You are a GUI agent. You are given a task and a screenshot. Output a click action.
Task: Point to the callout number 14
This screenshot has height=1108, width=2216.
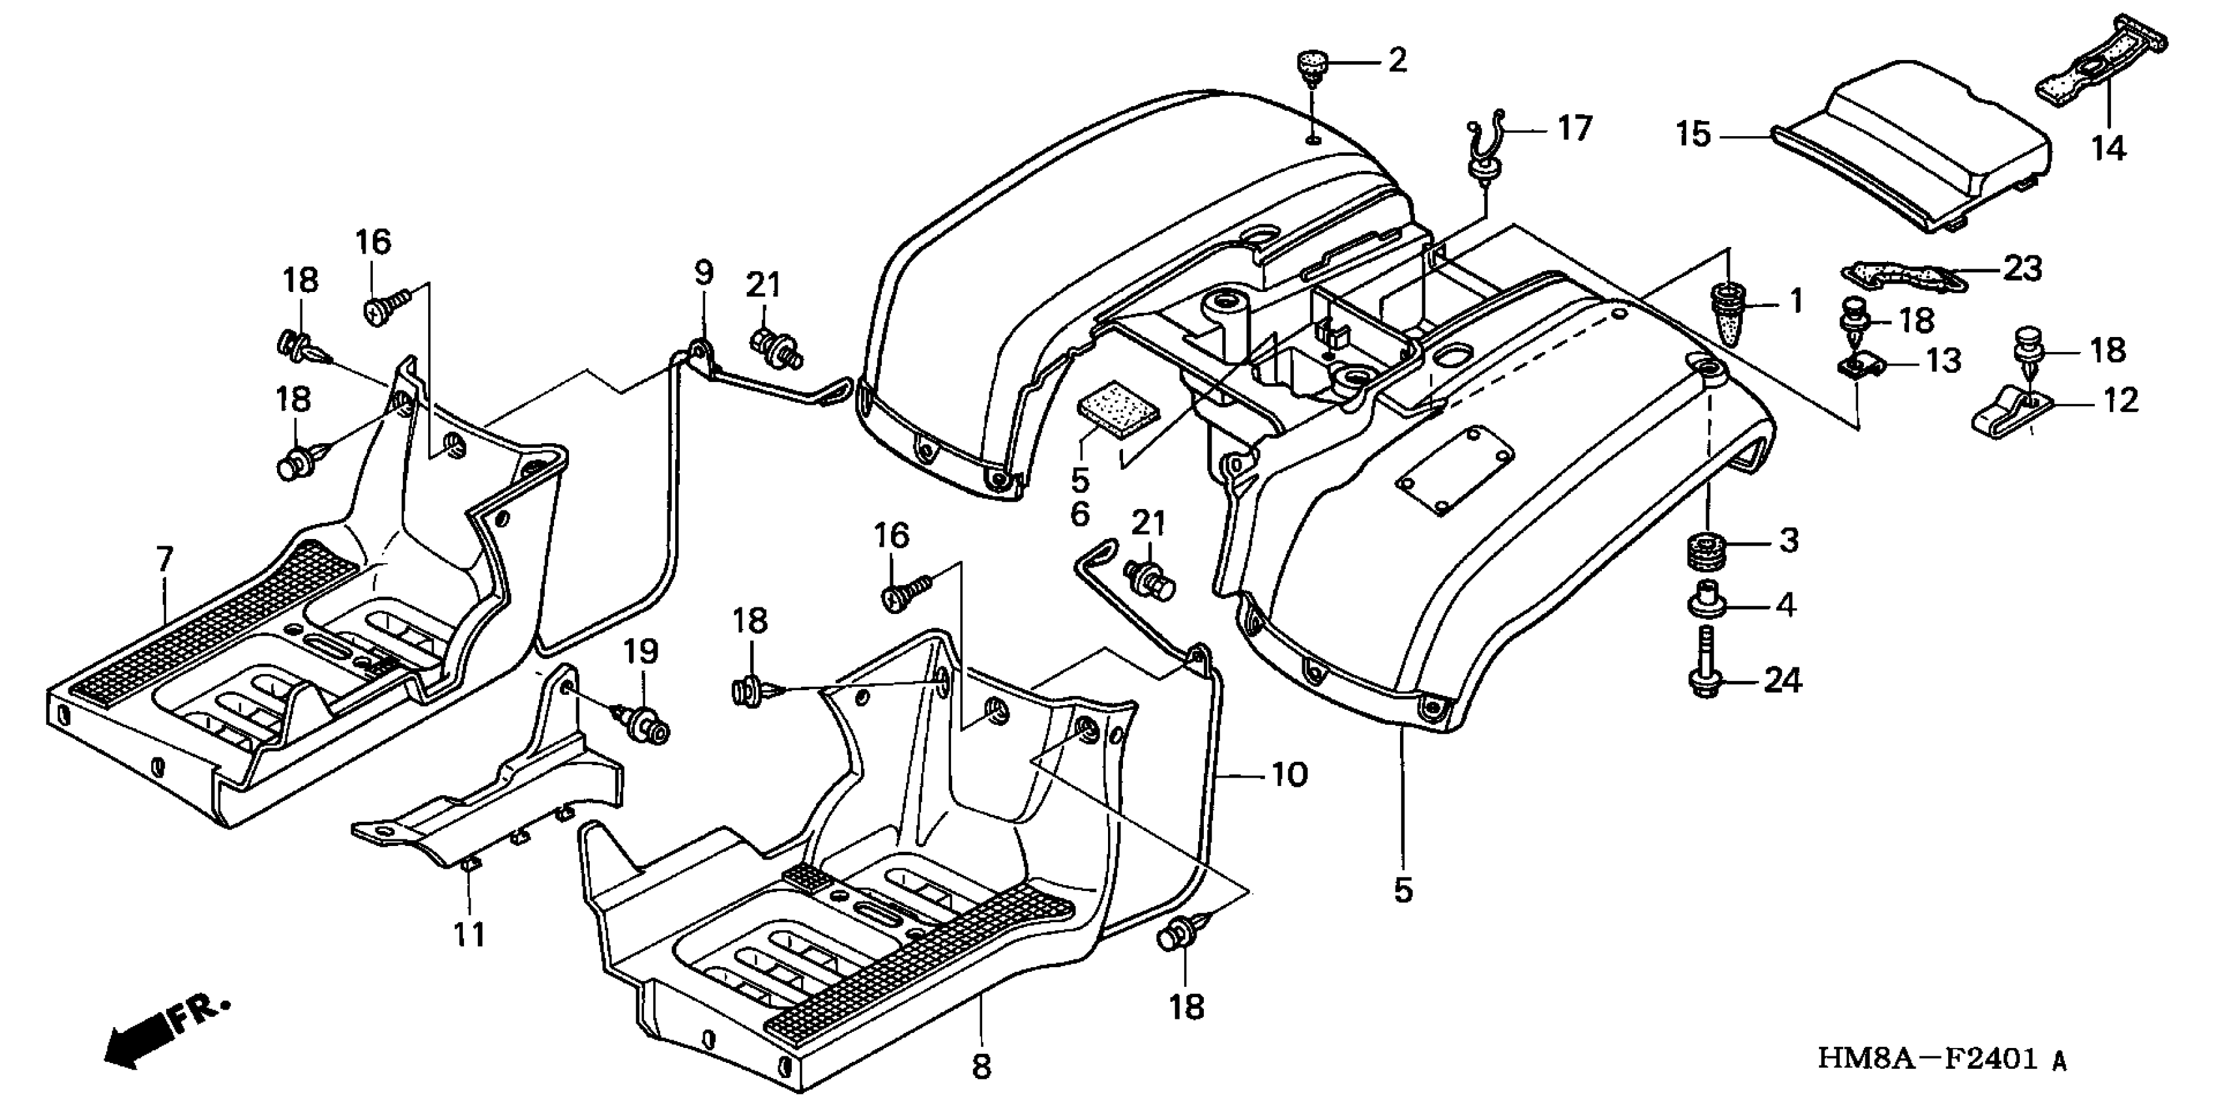pyautogui.click(x=2108, y=149)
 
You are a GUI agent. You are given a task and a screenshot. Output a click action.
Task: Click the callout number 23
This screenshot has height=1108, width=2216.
pyautogui.click(x=2023, y=269)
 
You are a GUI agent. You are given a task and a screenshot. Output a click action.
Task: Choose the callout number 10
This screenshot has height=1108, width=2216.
pyautogui.click(x=1289, y=775)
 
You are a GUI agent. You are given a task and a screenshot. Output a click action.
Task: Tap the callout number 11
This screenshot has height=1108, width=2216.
pyautogui.click(x=470, y=933)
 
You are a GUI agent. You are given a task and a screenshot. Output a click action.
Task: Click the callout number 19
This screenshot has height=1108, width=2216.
pyautogui.click(x=641, y=651)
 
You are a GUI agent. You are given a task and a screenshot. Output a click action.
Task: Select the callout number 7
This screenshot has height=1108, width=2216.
pyautogui.click(x=164, y=559)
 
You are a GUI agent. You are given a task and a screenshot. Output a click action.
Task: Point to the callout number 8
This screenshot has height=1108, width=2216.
pyautogui.click(x=982, y=1067)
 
